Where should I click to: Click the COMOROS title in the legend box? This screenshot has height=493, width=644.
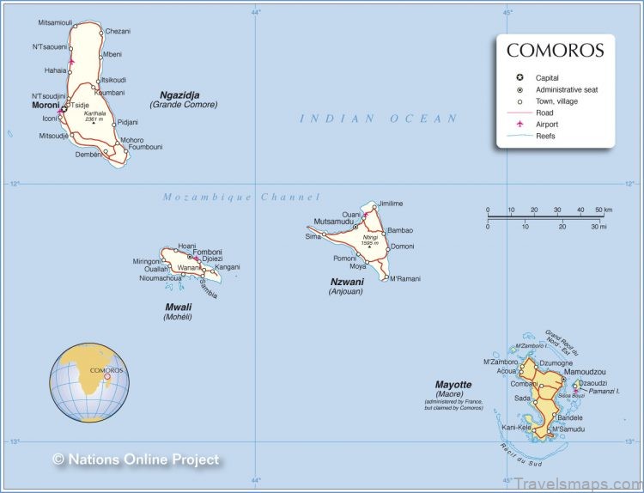pos(555,51)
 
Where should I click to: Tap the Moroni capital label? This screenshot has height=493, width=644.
pos(45,105)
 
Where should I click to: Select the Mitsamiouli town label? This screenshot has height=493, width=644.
pos(55,22)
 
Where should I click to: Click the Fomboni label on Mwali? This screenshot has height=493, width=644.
pos(207,252)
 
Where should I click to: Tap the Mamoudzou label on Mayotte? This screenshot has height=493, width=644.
pos(585,372)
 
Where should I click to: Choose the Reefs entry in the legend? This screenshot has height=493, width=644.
pos(545,136)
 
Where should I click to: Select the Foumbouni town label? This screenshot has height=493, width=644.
pos(145,147)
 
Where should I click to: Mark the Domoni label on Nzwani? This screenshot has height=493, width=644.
pos(401,246)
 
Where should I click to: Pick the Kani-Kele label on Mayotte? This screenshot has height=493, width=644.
pos(517,427)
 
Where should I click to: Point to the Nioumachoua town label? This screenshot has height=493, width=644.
pos(161,277)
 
